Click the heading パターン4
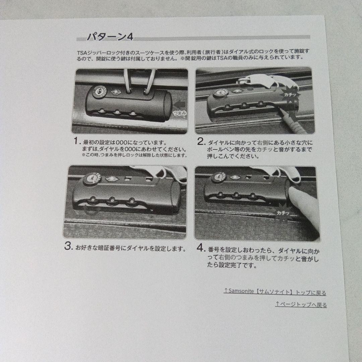[x=110, y=37]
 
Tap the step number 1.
[x=76, y=141]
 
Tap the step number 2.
[x=201, y=141]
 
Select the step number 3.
[x=69, y=246]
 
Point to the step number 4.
[x=200, y=248]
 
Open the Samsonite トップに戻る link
[x=275, y=292]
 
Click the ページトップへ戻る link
[x=301, y=304]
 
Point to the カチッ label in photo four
[x=283, y=213]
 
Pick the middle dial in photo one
[x=117, y=112]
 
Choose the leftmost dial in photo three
[x=93, y=199]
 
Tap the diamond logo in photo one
[x=115, y=92]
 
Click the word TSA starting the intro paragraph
[x=81, y=52]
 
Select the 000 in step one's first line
[x=122, y=142]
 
